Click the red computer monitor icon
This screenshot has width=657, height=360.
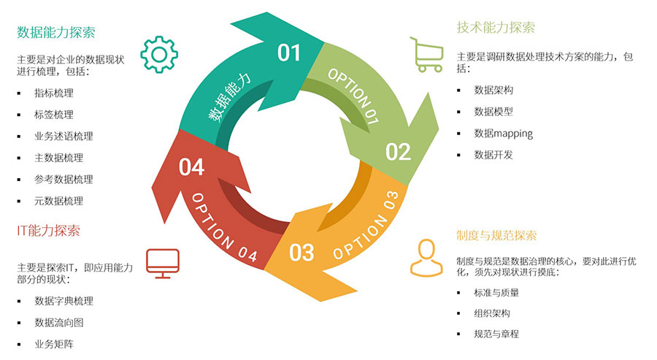click(x=162, y=262)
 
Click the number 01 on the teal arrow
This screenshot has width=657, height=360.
click(x=289, y=53)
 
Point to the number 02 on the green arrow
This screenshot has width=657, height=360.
click(x=399, y=152)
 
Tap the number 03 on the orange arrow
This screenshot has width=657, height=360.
click(x=301, y=252)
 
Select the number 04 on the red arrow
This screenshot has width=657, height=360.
click(x=191, y=167)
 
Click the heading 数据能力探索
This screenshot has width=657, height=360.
click(x=56, y=33)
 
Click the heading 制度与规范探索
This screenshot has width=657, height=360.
click(x=496, y=236)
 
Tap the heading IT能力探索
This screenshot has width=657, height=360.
click(x=48, y=231)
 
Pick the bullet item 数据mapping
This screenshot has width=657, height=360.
click(x=503, y=134)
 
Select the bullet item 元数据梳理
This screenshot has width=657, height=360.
click(x=58, y=201)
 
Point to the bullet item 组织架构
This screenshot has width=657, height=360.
click(x=492, y=313)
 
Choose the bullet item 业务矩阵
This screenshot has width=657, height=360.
click(x=53, y=344)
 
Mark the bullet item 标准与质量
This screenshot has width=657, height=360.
click(x=496, y=293)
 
